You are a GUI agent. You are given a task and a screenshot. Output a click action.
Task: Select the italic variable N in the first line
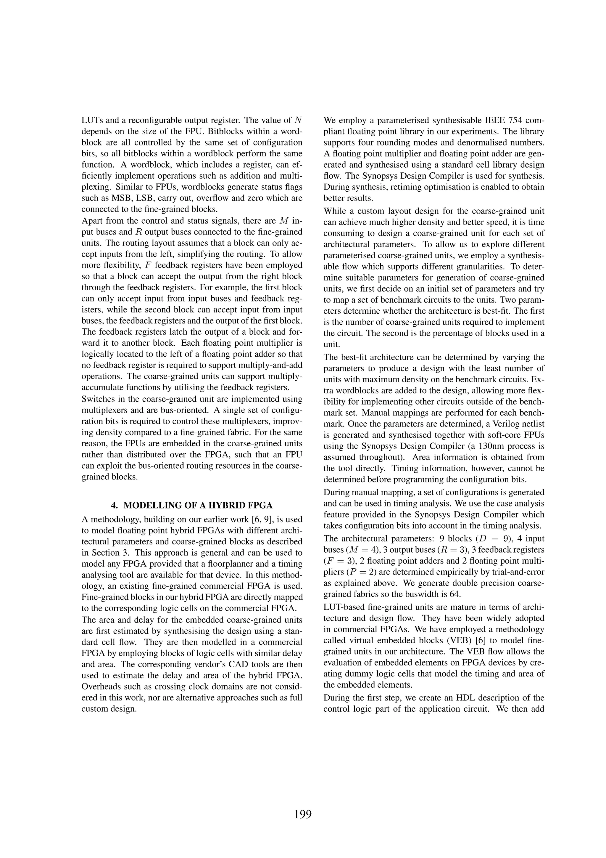pos(298,121)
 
